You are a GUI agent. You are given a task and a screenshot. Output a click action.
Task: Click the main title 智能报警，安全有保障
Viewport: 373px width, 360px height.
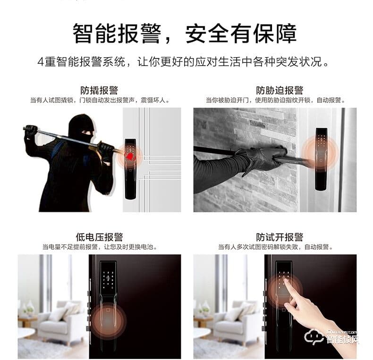point(185,33)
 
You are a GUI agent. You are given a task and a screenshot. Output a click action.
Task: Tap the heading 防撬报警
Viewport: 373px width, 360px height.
point(99,90)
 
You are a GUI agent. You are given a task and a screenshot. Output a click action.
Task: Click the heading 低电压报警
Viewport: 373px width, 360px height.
point(99,237)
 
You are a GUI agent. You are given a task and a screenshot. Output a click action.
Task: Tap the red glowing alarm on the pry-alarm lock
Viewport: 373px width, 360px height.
point(131,154)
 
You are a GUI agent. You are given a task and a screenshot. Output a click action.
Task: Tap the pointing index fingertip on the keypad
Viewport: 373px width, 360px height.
point(286,282)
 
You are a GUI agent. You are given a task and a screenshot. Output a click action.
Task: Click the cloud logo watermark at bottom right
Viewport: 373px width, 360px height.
point(314,336)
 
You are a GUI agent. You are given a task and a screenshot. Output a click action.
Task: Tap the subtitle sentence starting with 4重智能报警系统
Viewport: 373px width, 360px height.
point(185,62)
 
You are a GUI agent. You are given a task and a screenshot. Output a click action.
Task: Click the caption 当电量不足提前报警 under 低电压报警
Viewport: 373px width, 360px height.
point(99,247)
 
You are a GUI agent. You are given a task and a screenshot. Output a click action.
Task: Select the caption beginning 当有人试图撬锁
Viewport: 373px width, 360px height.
point(99,100)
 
